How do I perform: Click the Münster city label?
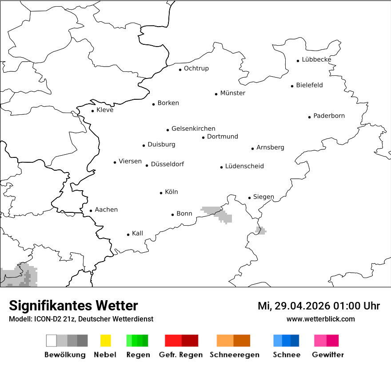(x=232, y=93)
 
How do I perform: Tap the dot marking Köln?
(x=161, y=193)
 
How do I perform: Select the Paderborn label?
(x=329, y=116)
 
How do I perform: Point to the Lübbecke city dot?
(x=298, y=61)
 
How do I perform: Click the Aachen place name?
(x=106, y=210)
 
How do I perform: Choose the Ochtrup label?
(x=196, y=68)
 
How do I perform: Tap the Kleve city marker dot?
(x=93, y=111)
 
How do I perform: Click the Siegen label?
(x=263, y=197)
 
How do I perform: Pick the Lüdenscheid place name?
(x=244, y=166)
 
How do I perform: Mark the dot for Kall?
(x=128, y=235)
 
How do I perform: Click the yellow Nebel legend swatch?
(x=106, y=341)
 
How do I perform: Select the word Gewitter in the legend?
(x=328, y=355)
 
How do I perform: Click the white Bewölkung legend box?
(x=52, y=341)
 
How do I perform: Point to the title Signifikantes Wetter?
(x=73, y=305)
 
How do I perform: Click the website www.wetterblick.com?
(x=320, y=319)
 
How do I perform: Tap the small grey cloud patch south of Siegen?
(x=261, y=230)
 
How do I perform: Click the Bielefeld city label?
(x=309, y=85)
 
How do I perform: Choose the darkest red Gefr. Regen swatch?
(x=190, y=341)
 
